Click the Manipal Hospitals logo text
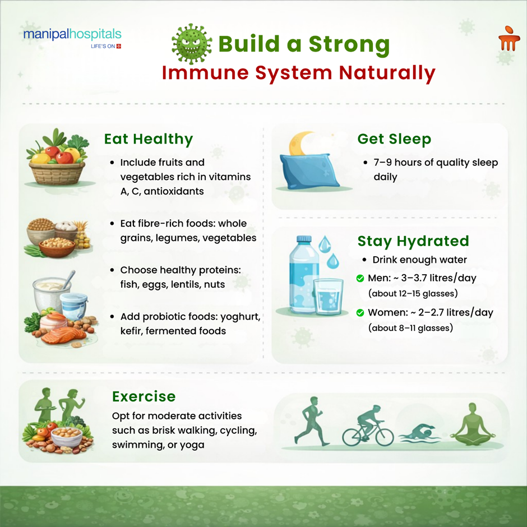(x=72, y=35)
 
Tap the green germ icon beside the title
(x=191, y=44)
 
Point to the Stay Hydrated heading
(x=413, y=241)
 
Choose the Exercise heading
(x=144, y=397)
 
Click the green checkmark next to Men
(x=360, y=279)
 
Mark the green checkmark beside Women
(x=360, y=313)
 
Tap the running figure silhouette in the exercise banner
(x=314, y=424)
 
